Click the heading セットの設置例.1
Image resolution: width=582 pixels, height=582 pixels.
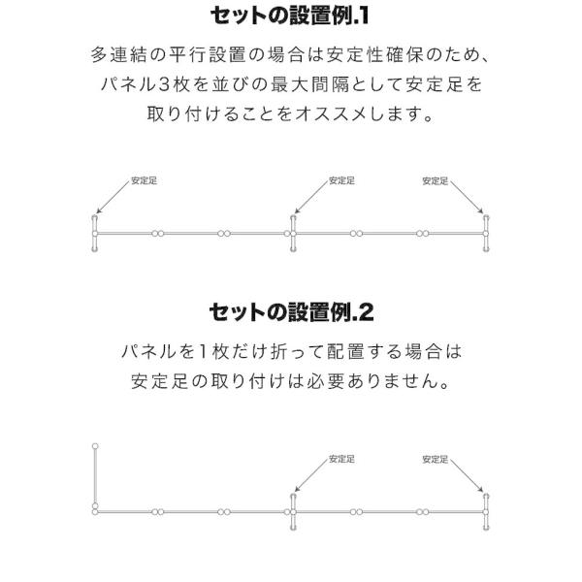click(290, 16)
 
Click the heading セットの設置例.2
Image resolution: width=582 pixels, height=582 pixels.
click(291, 312)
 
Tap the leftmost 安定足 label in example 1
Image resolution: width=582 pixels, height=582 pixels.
click(144, 180)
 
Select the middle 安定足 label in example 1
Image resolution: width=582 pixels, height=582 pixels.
click(341, 180)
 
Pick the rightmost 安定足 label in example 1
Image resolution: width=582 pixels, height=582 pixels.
click(435, 180)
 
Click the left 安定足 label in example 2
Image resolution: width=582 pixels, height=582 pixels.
click(341, 459)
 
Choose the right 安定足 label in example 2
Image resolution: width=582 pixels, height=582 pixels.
click(435, 459)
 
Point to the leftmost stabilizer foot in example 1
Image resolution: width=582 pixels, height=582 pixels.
click(95, 234)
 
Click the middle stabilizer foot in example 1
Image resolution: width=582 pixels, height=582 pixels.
click(293, 234)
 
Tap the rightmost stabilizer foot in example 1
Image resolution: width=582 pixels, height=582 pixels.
click(486, 234)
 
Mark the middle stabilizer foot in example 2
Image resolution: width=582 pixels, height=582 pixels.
click(293, 512)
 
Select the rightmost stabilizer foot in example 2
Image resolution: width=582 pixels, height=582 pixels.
click(486, 512)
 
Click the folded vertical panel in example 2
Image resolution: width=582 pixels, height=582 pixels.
click(95, 476)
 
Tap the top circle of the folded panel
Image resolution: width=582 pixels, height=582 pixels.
click(95, 446)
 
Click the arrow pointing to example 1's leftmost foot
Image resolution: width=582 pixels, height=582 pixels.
click(113, 197)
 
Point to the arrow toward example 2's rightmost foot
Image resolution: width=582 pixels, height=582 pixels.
click(467, 475)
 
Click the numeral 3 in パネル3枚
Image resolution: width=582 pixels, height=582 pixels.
click(164, 84)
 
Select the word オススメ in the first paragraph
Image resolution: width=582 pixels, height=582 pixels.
click(323, 113)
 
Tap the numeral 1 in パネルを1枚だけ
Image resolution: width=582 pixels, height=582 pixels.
click(203, 351)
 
